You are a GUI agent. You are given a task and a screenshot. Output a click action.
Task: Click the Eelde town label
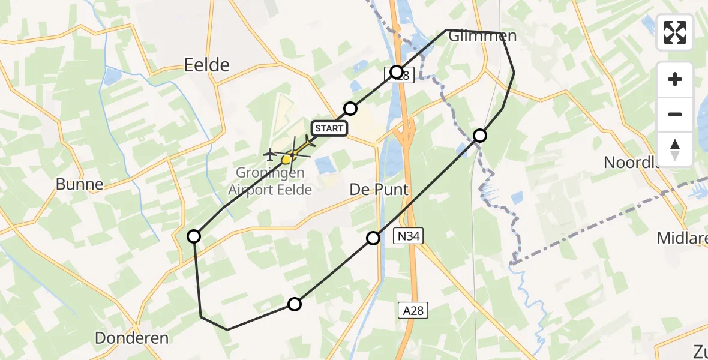(x=206, y=65)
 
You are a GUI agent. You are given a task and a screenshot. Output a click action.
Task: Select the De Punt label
(x=379, y=190)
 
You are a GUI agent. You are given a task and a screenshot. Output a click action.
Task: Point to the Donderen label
(x=131, y=338)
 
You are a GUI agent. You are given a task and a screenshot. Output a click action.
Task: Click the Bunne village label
(x=79, y=184)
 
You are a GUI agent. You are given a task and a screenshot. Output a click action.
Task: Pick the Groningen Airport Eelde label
(x=270, y=181)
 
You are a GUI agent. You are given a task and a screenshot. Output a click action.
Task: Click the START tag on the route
(x=329, y=128)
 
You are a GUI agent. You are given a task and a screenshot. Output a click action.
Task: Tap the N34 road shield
(x=406, y=237)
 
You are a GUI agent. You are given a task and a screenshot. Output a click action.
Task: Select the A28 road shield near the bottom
(x=413, y=310)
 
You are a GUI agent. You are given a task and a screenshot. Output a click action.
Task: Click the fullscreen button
(x=675, y=32)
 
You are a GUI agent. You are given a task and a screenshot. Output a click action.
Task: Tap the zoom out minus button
(x=675, y=114)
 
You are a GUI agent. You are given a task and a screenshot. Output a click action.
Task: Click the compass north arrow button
(x=675, y=149)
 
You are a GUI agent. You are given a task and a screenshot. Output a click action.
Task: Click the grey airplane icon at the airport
(x=270, y=155)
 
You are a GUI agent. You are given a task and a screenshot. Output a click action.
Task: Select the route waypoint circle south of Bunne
(x=194, y=236)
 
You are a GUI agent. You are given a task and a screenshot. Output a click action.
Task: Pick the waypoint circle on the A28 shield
(x=397, y=72)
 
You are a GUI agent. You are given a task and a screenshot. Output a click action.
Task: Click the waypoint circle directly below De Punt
(x=373, y=238)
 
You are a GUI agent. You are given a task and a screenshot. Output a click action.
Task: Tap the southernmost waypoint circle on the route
(x=294, y=304)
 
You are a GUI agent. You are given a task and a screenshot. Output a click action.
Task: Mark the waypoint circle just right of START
(x=350, y=109)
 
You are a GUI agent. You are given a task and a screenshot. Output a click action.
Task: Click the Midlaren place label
(x=682, y=238)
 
